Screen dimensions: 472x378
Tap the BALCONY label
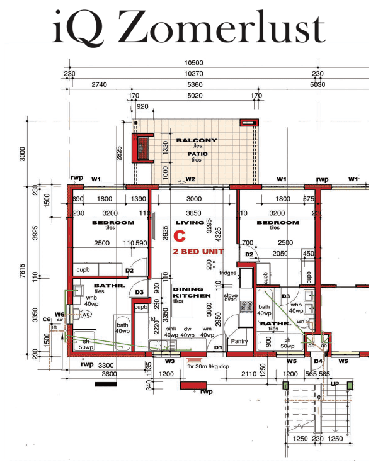(197, 140)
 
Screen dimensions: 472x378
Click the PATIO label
(197, 153)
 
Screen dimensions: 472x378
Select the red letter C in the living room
(180, 237)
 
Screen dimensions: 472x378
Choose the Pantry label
(240, 342)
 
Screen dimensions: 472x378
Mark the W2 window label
(190, 179)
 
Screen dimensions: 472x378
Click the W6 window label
(60, 313)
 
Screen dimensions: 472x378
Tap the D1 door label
(219, 347)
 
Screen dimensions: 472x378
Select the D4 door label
(318, 361)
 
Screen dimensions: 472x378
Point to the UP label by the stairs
(335, 383)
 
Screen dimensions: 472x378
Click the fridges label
(227, 273)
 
